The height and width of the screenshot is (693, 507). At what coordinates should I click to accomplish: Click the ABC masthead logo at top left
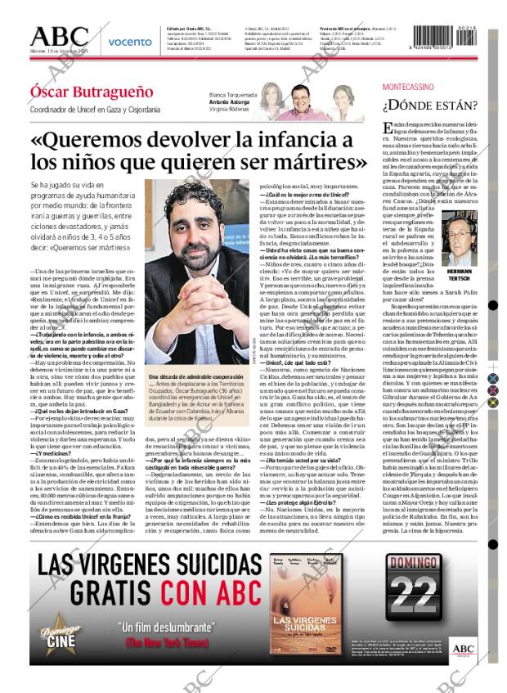(59, 37)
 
